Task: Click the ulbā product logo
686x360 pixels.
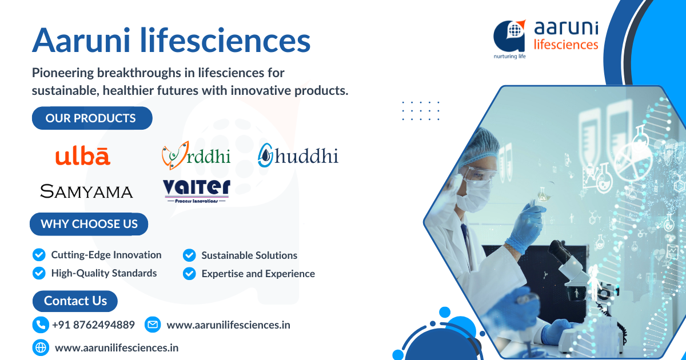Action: [83, 156]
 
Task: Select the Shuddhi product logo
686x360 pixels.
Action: [298, 155]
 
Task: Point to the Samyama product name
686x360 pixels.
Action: [86, 191]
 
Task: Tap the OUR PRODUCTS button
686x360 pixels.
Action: [91, 118]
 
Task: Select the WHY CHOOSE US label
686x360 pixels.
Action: [89, 224]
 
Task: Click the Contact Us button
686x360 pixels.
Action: [75, 301]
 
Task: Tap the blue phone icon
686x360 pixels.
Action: [40, 325]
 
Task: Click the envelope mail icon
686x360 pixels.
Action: [152, 325]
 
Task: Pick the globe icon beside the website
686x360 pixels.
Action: [40, 347]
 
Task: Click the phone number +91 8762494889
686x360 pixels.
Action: [93, 325]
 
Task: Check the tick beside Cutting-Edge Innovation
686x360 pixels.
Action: [39, 255]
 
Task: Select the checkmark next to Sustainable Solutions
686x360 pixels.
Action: [189, 255]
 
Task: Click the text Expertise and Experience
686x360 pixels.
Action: [258, 274]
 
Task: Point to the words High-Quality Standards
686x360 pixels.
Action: [103, 273]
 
